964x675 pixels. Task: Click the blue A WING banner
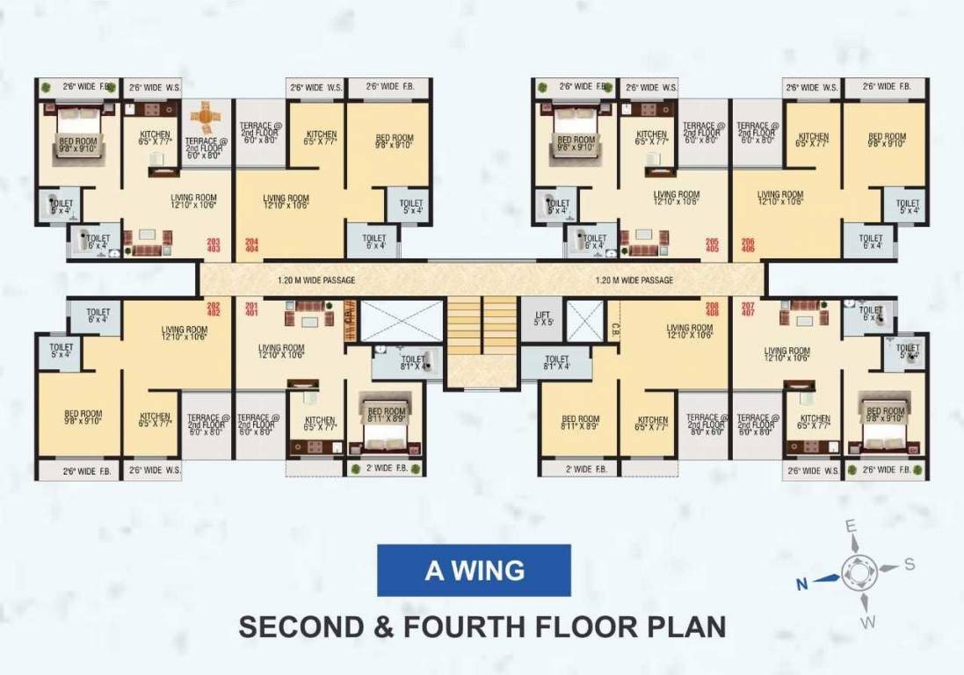pyautogui.click(x=474, y=570)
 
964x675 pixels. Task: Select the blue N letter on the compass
pyautogui.click(x=801, y=582)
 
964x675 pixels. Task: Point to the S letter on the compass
pyautogui.click(x=910, y=563)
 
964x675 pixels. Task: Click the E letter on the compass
pyautogui.click(x=850, y=526)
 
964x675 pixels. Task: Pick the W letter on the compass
pyautogui.click(x=869, y=623)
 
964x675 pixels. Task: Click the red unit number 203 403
pyautogui.click(x=213, y=245)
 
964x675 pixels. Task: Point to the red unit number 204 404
pyautogui.click(x=252, y=245)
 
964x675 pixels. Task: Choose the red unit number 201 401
pyautogui.click(x=252, y=308)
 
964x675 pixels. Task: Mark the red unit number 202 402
pyautogui.click(x=213, y=308)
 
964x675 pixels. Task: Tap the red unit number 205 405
pyautogui.click(x=712, y=245)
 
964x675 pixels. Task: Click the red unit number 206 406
pyautogui.click(x=748, y=245)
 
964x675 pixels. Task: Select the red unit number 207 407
pyautogui.click(x=748, y=308)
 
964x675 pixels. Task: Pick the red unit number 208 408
pyautogui.click(x=712, y=308)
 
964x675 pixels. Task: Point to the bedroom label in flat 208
pyautogui.click(x=580, y=423)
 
